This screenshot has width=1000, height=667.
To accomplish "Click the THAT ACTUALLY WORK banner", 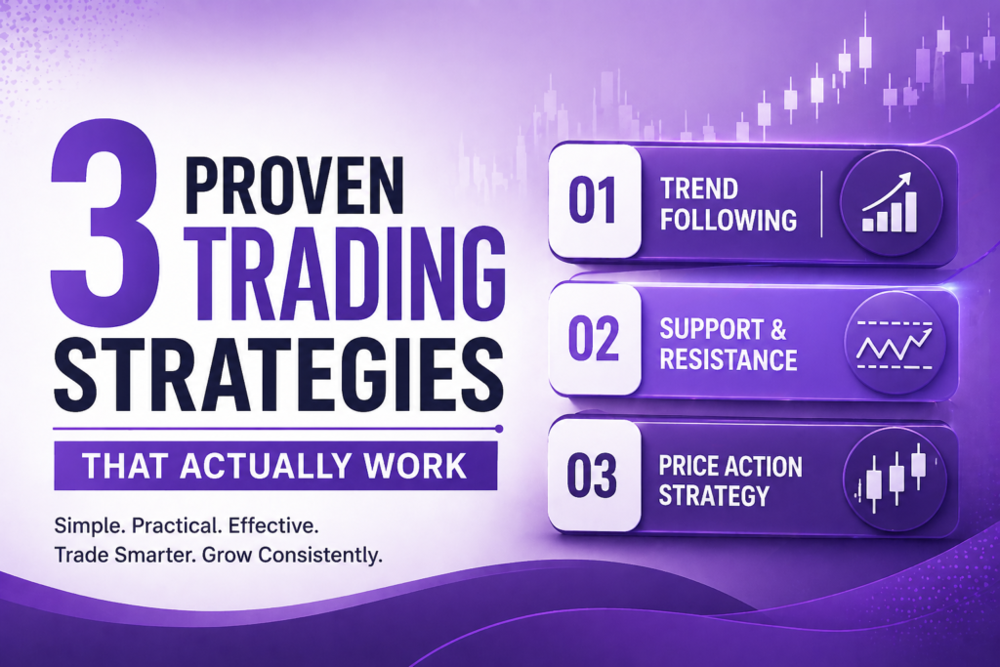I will tap(274, 465).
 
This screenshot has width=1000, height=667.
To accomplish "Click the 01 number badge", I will tap(592, 202).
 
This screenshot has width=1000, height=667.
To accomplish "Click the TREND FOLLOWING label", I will tap(728, 203).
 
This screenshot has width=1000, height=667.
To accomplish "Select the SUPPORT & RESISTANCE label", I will tap(729, 343).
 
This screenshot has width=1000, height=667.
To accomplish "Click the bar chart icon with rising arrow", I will tap(890, 204).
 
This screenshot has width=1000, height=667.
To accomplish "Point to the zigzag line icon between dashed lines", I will tap(890, 342).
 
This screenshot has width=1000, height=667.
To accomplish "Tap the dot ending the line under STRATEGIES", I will tap(499, 428).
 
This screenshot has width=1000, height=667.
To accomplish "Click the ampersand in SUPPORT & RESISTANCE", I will tap(791, 328).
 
